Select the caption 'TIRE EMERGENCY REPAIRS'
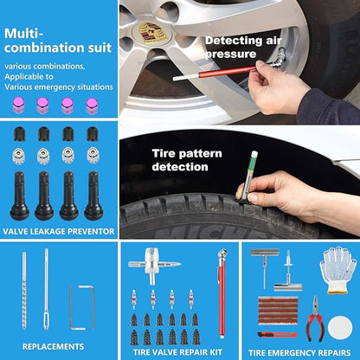pos(299,352)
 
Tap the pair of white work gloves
pos(337,269)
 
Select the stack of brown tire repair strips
pos(277,308)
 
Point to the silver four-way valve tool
pos(152,265)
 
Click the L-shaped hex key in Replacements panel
pos(83,306)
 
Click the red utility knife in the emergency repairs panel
pos(276,334)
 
